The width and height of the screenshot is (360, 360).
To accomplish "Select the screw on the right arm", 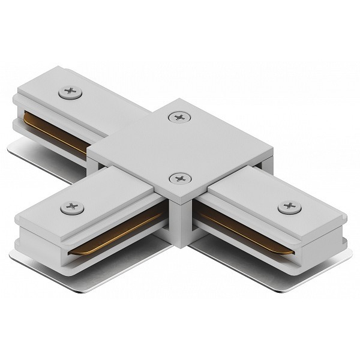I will (x=286, y=208).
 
